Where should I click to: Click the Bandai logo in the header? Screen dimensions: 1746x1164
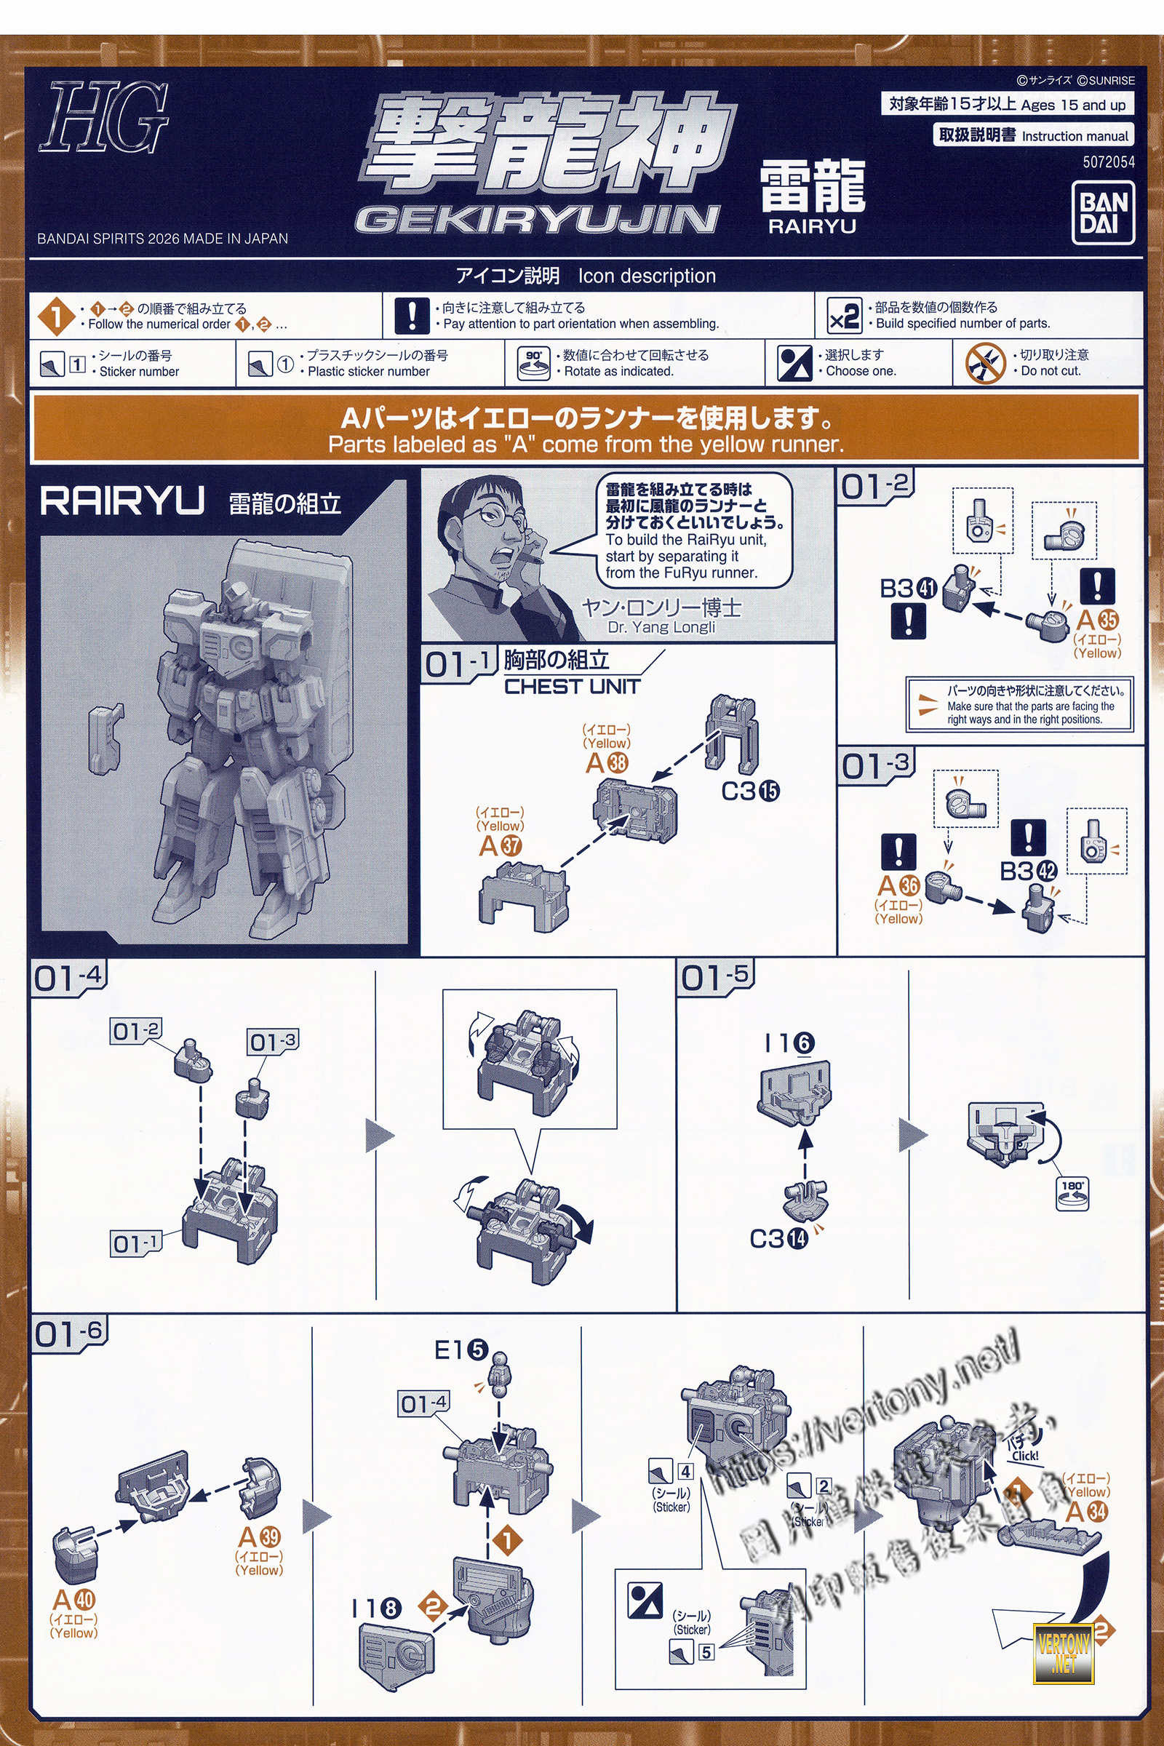click(x=1103, y=213)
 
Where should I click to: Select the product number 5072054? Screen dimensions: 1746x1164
click(x=1108, y=162)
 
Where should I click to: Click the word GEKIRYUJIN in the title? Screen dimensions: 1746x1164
click(x=537, y=219)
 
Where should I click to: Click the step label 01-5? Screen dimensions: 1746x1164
click(x=715, y=976)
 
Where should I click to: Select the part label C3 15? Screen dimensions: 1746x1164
click(x=750, y=792)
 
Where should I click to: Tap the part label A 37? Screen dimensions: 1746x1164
click(x=501, y=845)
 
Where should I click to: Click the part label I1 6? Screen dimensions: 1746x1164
click(x=789, y=1044)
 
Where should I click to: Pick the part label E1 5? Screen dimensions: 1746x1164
click(x=461, y=1350)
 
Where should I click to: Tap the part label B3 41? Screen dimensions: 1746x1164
click(x=907, y=589)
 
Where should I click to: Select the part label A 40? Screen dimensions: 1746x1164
click(x=74, y=1599)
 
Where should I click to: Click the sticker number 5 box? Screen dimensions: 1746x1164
click(x=706, y=1652)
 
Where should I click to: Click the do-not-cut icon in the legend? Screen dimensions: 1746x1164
click(x=985, y=364)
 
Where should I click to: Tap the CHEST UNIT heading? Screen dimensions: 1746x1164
click(x=572, y=687)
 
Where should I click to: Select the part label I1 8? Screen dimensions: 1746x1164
click(x=376, y=1609)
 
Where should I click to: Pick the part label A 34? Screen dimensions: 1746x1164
click(x=1086, y=1511)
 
